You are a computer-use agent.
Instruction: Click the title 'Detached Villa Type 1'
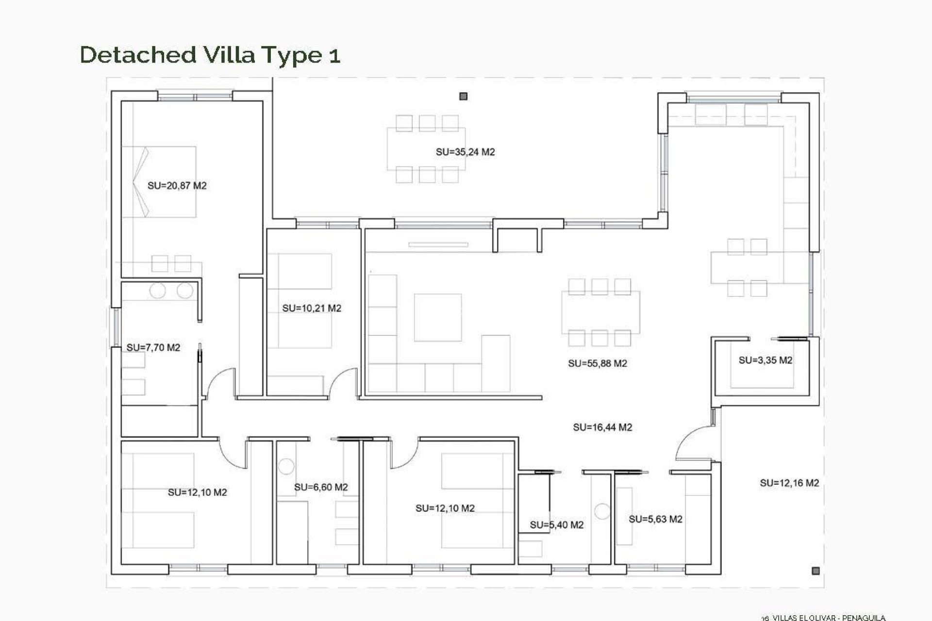tap(210, 55)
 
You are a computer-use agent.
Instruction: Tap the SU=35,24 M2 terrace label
tap(465, 152)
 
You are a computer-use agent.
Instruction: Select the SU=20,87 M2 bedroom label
tap(177, 186)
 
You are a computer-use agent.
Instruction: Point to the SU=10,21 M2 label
tap(312, 309)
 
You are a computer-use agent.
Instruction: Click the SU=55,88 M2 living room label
tap(597, 363)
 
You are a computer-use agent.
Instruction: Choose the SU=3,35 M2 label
tap(765, 360)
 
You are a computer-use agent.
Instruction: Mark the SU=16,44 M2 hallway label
tap(602, 427)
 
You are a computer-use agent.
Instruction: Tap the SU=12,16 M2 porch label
tap(789, 483)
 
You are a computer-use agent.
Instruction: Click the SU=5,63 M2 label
tap(655, 520)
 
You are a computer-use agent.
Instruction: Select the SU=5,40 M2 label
tap(556, 525)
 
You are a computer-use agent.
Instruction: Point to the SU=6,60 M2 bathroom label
tap(321, 488)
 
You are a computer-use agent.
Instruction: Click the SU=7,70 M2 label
tap(153, 348)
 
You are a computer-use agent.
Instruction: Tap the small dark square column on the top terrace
tap(463, 97)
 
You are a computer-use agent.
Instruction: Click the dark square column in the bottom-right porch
tap(815, 571)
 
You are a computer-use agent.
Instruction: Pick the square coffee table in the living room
tap(437, 317)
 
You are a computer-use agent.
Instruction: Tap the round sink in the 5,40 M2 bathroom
tap(602, 511)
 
